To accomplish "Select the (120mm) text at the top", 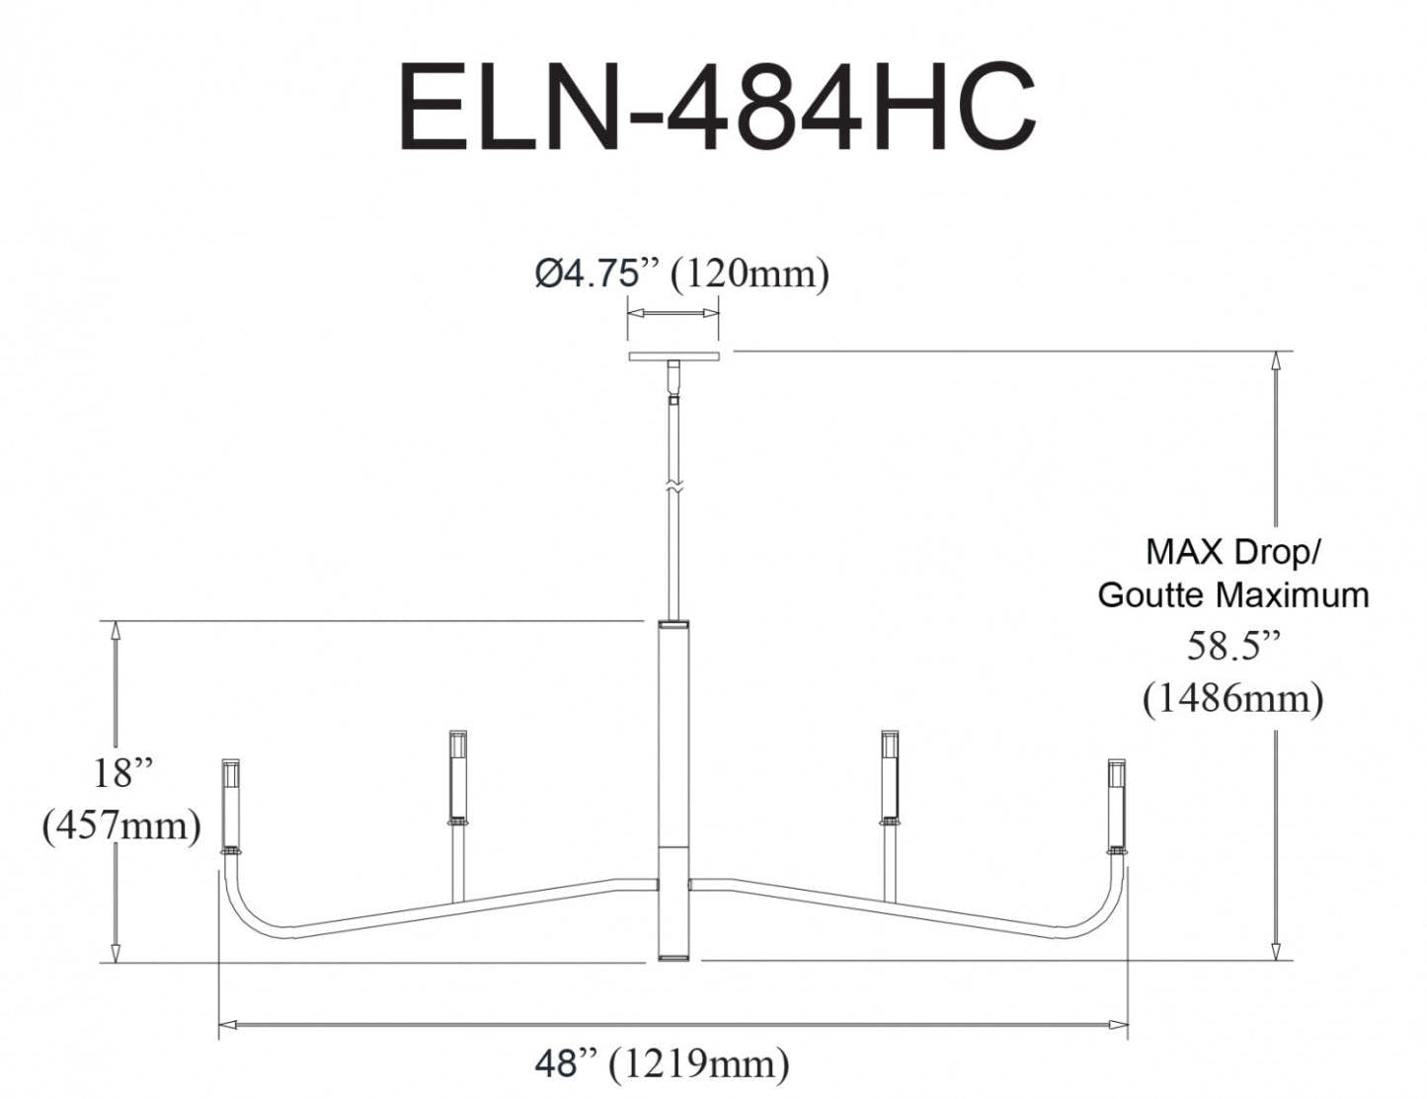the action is coord(750,274).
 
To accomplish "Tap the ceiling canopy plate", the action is coord(674,356).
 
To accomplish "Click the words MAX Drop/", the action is coord(1233,552).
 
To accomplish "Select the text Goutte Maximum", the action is coord(1233,595).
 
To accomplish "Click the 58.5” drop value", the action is coord(1233,647).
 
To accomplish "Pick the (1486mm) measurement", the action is coord(1233,699).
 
